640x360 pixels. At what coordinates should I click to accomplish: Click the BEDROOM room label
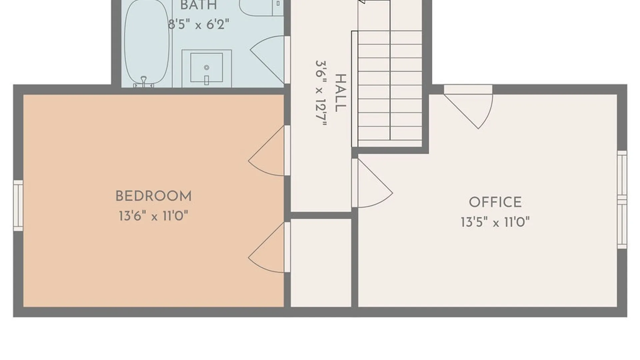pyautogui.click(x=153, y=196)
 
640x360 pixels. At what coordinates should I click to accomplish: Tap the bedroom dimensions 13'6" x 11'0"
pyautogui.click(x=153, y=216)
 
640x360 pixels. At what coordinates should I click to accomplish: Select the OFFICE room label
pyautogui.click(x=495, y=202)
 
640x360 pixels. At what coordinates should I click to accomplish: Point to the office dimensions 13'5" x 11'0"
pyautogui.click(x=495, y=222)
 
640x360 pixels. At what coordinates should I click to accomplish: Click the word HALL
pyautogui.click(x=341, y=93)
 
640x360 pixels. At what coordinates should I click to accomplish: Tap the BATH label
pyautogui.click(x=199, y=5)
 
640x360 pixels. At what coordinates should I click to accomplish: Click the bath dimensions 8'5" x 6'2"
pyautogui.click(x=199, y=24)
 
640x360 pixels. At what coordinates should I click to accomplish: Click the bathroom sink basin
pyautogui.click(x=207, y=67)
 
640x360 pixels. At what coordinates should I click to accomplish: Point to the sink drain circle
pyautogui.click(x=207, y=68)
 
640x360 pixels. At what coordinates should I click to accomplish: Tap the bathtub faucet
pyautogui.click(x=144, y=82)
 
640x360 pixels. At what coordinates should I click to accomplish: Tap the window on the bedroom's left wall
pyautogui.click(x=18, y=206)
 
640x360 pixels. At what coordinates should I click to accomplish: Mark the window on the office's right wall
pyautogui.click(x=622, y=200)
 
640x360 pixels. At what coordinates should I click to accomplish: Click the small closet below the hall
pyautogui.click(x=321, y=263)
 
